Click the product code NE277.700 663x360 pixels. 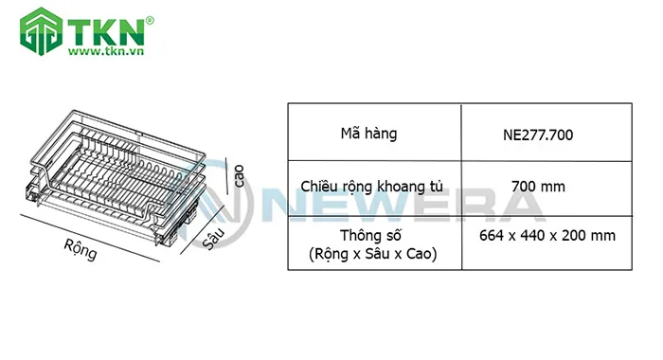tap(538, 135)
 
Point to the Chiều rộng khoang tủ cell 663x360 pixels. tap(374, 187)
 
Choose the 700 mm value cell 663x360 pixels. tap(538, 187)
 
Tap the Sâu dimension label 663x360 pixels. tap(214, 237)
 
